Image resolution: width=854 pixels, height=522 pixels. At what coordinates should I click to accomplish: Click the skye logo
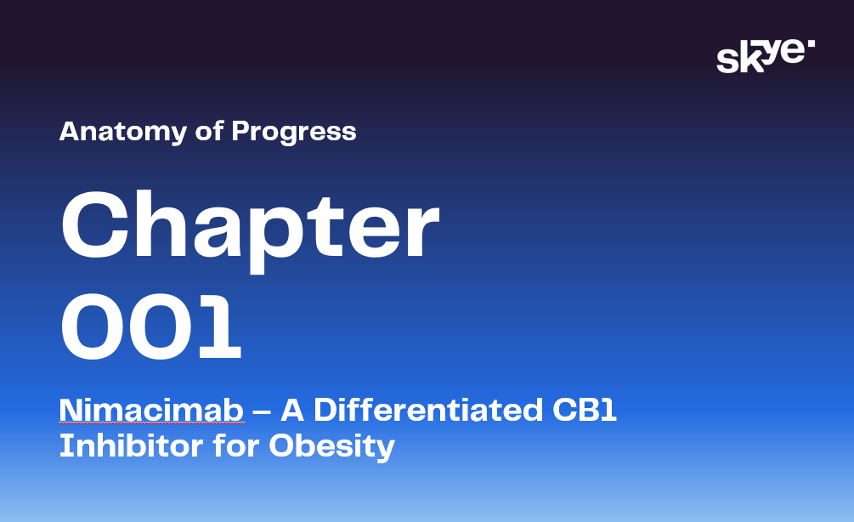tap(766, 55)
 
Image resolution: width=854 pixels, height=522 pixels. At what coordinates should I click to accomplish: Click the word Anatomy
tap(123, 132)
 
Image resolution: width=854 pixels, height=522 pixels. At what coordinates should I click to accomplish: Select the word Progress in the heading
tap(294, 132)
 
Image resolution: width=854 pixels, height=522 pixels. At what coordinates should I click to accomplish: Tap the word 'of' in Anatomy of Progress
tap(209, 131)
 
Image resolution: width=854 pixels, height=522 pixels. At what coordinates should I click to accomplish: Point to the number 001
tap(151, 326)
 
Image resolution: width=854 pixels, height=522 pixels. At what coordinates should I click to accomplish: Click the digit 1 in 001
tap(219, 326)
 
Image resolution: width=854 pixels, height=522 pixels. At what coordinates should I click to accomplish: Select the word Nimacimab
tap(151, 410)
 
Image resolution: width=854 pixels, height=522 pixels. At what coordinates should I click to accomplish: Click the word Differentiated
tap(428, 410)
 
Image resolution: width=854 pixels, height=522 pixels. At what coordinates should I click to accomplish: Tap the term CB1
tap(585, 410)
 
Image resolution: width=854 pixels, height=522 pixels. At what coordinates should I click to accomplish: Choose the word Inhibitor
tap(131, 445)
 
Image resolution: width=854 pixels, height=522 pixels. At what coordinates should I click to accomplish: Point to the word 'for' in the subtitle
tap(236, 445)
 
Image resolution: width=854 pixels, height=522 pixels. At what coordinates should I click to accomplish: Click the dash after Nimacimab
tap(262, 411)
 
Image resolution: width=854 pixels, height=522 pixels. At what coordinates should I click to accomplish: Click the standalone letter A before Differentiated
tap(292, 411)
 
